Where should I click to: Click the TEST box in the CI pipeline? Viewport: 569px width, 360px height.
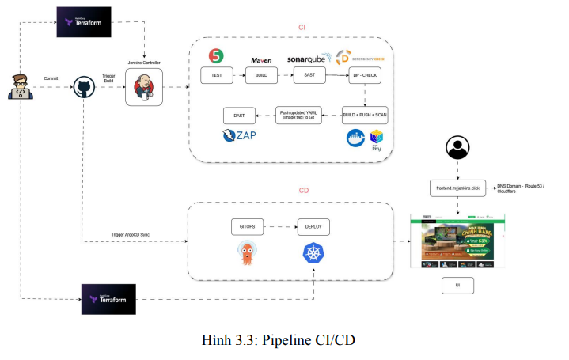click(x=216, y=75)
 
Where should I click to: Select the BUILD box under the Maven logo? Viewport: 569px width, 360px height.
click(x=261, y=75)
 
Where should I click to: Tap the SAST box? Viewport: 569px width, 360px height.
click(x=309, y=75)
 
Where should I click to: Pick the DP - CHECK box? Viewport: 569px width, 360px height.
click(x=364, y=75)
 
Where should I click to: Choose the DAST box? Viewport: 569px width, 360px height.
click(x=239, y=115)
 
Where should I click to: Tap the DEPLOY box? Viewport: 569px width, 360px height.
click(x=313, y=225)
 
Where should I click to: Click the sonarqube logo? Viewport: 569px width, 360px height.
click(x=309, y=58)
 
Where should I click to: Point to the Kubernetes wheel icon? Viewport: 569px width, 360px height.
click(x=314, y=254)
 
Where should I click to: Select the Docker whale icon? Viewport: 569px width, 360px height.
click(x=355, y=138)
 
